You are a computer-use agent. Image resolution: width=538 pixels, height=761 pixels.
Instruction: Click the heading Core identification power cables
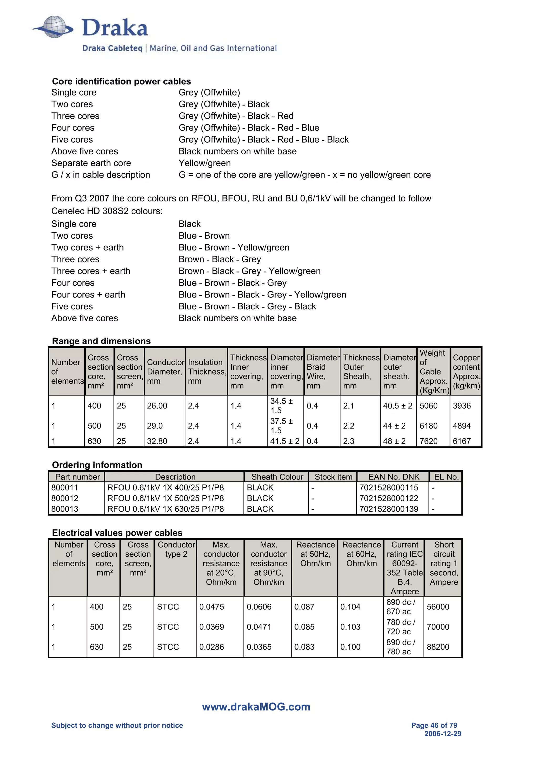click(x=121, y=81)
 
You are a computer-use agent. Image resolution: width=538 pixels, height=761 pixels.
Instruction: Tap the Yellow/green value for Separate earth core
click(x=205, y=163)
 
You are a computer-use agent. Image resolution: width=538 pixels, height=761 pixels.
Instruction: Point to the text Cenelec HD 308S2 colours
click(x=107, y=211)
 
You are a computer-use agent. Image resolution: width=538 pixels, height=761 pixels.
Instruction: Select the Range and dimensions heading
click(x=101, y=341)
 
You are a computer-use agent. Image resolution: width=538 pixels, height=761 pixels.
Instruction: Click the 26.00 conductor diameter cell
click(x=157, y=406)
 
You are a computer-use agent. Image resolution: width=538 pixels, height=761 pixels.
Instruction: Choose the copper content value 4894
click(x=462, y=426)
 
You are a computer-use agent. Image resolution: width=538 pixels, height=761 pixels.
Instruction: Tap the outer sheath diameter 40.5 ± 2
click(x=397, y=406)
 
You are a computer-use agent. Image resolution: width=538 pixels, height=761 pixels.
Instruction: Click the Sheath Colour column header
click(x=277, y=477)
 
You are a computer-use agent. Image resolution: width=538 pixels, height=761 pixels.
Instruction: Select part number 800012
click(x=65, y=498)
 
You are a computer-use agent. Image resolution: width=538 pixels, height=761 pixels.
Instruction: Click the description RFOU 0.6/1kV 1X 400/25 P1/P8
click(x=165, y=488)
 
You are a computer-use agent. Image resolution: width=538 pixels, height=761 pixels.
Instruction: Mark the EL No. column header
click(x=446, y=477)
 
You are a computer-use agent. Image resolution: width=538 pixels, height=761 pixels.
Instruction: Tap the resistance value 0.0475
click(x=211, y=607)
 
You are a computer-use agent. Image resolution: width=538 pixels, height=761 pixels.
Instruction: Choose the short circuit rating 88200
click(x=438, y=647)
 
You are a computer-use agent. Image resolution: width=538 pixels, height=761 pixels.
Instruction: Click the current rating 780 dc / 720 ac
click(x=400, y=627)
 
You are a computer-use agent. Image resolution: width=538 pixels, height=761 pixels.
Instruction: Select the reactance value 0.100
click(x=350, y=647)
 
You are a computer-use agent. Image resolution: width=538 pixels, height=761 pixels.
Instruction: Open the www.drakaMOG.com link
click(x=256, y=707)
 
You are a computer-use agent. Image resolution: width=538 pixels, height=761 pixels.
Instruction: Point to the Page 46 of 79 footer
click(x=434, y=725)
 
